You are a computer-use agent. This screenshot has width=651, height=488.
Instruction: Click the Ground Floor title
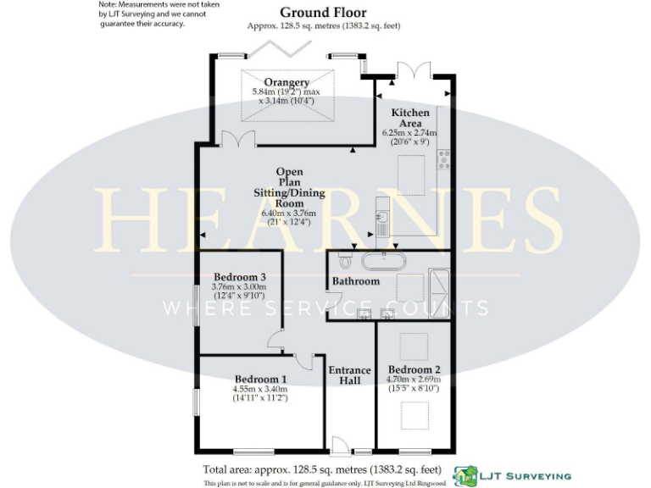pos(323,13)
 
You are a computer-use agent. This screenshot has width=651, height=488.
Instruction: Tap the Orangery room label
pos(286,82)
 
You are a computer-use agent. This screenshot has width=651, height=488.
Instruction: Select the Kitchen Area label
pos(409,118)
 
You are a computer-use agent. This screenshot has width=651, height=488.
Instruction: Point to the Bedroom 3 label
pos(240,277)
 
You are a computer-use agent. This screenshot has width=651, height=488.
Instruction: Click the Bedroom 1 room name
pos(260,380)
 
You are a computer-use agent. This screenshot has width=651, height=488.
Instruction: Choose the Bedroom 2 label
pos(415,369)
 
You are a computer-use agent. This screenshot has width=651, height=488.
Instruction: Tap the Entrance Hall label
pos(350,375)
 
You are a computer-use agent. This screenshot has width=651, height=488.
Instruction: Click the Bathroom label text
pos(356,280)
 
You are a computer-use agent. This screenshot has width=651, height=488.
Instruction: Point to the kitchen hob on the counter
pos(443,158)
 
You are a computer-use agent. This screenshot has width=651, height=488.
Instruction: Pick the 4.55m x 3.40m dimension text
pos(260,390)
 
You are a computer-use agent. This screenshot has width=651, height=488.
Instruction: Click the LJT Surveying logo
pos(512,476)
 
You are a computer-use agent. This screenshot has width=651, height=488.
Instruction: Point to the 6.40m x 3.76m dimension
pos(288,213)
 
